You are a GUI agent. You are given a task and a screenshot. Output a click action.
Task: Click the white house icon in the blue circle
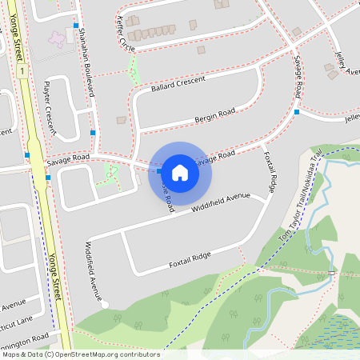(x=180, y=172)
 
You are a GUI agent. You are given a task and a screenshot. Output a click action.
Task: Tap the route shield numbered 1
(x=24, y=71)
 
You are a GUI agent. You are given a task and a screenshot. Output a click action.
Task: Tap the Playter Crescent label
(x=51, y=106)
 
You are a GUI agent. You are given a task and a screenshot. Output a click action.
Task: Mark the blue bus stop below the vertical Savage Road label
(x=296, y=112)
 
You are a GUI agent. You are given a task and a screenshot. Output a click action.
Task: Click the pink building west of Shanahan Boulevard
(x=58, y=38)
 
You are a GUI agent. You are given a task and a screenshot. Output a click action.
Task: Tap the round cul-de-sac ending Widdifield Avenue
(x=105, y=304)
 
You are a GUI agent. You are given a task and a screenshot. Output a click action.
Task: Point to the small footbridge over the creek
(x=331, y=274)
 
